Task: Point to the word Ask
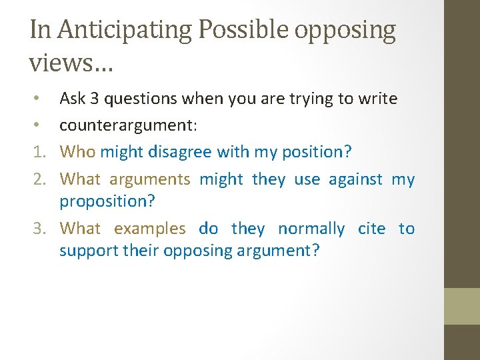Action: pyautogui.click(x=73, y=99)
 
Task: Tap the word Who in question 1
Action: pyautogui.click(x=77, y=152)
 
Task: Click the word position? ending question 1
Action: pyautogui.click(x=313, y=152)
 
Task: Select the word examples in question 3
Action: pyautogui.click(x=150, y=229)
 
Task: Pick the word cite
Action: pyautogui.click(x=371, y=229)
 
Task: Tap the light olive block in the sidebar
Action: pyautogui.click(x=462, y=306)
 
